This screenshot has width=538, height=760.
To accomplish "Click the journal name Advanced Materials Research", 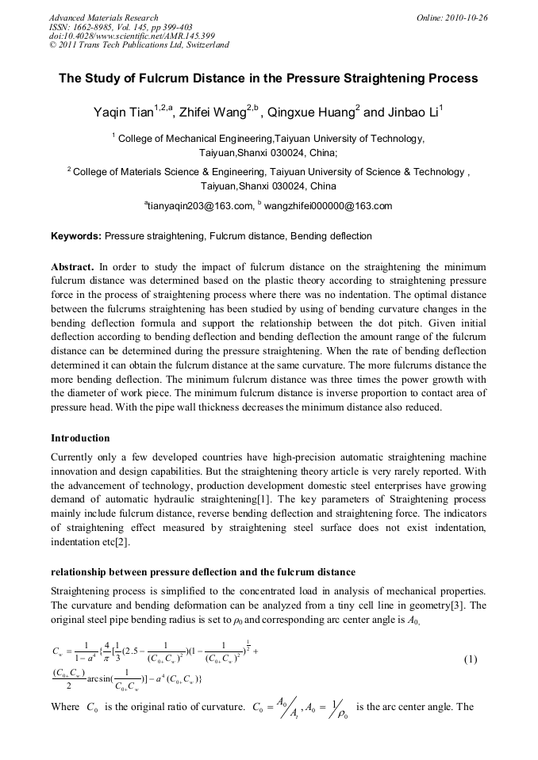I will [103, 17].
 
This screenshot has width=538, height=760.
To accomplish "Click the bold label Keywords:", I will [76, 236].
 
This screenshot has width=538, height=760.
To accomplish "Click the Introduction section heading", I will [80, 438].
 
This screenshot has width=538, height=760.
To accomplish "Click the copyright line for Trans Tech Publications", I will [139, 45].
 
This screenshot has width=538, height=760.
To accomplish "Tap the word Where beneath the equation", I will [64, 707].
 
